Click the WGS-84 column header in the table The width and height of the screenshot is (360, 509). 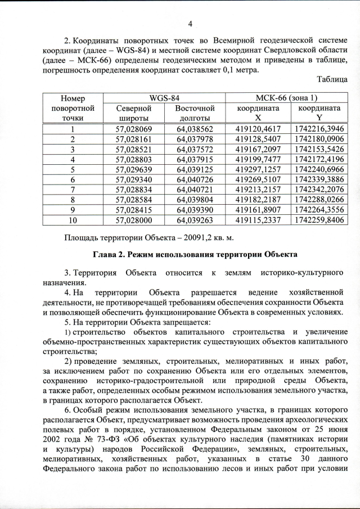pos(164,97)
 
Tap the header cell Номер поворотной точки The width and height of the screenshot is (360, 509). pos(72,107)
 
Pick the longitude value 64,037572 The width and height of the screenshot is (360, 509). pos(195,149)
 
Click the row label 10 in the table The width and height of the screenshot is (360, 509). pos(72,220)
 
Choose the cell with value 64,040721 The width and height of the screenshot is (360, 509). pos(195,190)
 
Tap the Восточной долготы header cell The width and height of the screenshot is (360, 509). pos(195,112)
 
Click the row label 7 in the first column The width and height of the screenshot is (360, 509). pos(72,190)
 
